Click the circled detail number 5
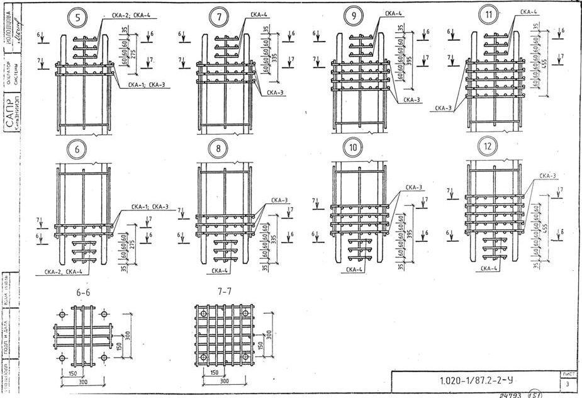77,18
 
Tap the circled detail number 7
219,18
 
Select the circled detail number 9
352,16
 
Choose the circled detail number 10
352,148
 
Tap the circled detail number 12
488,147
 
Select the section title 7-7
223,293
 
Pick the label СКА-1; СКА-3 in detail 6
150,207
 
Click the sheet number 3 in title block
568,383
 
